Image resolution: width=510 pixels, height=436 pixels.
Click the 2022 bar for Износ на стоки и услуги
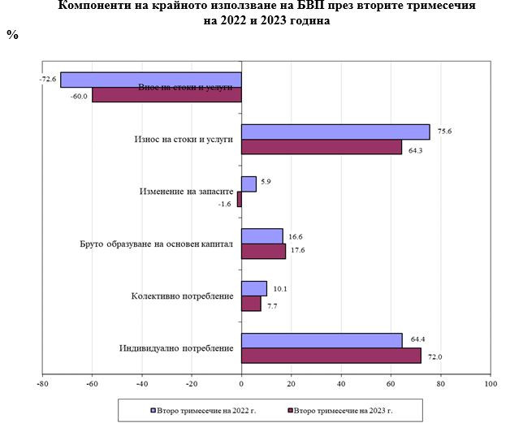point(335,132)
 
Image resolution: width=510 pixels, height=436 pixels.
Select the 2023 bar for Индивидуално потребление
point(331,355)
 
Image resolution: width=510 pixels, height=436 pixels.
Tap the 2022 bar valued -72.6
point(150,80)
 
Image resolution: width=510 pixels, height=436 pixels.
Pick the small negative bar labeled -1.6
point(240,199)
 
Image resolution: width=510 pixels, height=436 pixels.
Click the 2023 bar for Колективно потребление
point(251,303)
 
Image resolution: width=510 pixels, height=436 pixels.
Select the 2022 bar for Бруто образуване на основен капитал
point(262,235)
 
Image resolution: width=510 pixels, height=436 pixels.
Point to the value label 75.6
point(443,129)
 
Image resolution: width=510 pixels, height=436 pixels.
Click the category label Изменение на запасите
point(185,192)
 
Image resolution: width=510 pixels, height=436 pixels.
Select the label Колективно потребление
point(182,296)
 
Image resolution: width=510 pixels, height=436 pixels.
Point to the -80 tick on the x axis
point(42,384)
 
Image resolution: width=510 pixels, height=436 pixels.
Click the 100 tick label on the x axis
point(490,384)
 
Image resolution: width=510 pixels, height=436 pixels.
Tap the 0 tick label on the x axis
point(241,384)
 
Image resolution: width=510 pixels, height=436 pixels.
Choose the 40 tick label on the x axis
point(341,384)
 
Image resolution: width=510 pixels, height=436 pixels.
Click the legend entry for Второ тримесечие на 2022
point(203,411)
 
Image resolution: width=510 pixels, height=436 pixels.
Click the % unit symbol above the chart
point(12,36)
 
